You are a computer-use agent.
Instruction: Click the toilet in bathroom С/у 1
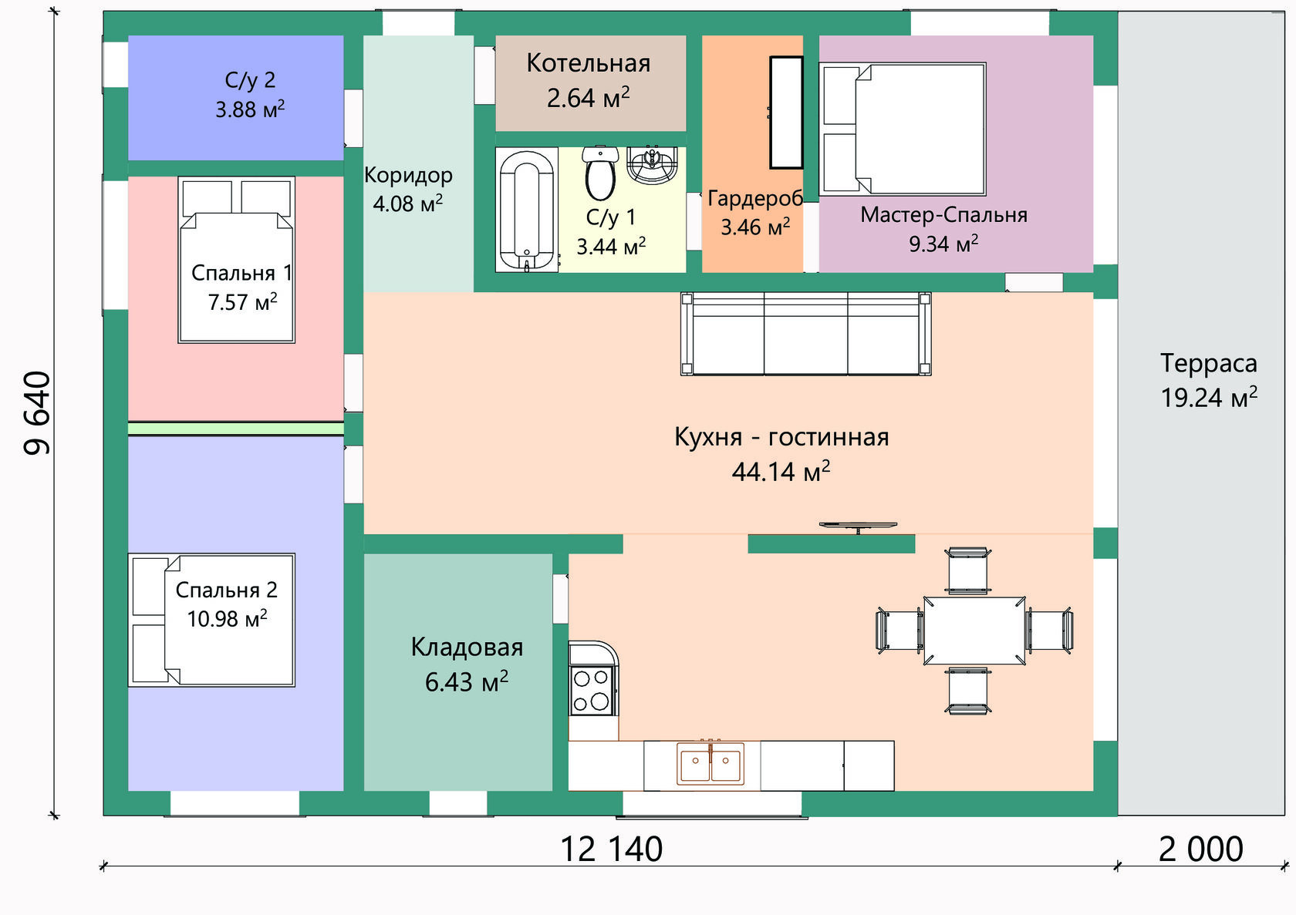pos(600,173)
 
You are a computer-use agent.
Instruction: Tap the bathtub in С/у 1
pos(526,210)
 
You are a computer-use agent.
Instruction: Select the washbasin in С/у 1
pos(652,165)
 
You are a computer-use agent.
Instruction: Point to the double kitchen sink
pos(710,765)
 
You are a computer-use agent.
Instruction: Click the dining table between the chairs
pos(974,631)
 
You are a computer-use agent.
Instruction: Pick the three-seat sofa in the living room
pos(806,334)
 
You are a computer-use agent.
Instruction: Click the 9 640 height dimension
pos(38,413)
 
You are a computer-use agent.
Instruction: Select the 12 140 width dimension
pos(612,849)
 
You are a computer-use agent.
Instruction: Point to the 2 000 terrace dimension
pos(1201,849)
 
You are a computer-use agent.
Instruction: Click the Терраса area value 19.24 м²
pos(1210,397)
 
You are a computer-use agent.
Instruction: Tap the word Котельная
pos(589,63)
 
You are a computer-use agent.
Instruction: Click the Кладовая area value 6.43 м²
pos(467,681)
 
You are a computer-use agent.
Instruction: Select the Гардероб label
pos(755,198)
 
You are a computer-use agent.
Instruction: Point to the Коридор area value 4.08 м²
pos(408,204)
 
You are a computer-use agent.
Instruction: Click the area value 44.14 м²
pos(781,471)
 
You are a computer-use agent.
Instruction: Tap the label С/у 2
pos(250,79)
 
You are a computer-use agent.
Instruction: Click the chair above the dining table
pos(968,571)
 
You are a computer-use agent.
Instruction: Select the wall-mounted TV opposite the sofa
pos(858,526)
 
